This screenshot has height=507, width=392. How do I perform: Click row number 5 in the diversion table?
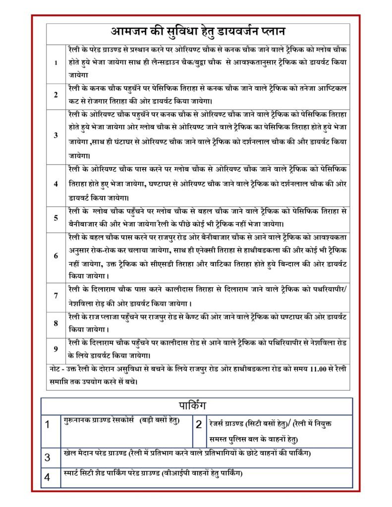point(56,218)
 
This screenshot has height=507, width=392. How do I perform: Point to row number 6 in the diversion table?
point(56,256)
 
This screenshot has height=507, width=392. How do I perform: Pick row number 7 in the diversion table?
point(56,296)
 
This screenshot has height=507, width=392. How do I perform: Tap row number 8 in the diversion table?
point(56,323)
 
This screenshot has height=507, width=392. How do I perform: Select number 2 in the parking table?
point(199,424)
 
